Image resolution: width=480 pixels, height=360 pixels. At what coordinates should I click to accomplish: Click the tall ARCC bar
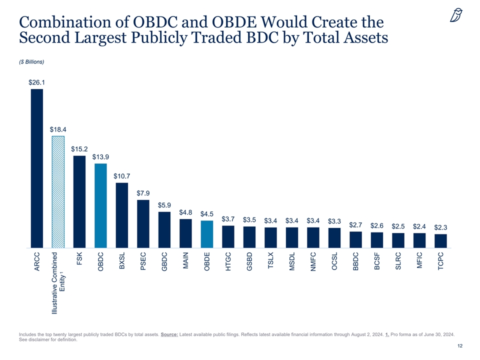pos(37,168)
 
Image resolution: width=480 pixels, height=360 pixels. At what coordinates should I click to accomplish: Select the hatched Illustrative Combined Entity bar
pos(58,192)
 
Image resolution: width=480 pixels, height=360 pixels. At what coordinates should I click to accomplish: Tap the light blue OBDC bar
pos(100,205)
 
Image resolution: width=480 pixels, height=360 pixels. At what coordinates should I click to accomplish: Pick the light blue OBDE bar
pos(207,234)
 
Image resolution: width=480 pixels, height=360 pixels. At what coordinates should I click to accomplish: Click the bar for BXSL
pos(122,215)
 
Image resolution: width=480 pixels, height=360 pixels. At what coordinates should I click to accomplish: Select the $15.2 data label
pos(79,148)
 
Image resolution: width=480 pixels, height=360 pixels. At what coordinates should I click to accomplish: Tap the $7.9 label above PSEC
pos(143,193)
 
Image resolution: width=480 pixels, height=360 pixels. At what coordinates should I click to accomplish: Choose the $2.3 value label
pos(440,227)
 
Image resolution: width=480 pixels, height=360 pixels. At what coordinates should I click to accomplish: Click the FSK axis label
pos(79,259)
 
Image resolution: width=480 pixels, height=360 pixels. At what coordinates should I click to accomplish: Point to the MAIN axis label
pos(186,261)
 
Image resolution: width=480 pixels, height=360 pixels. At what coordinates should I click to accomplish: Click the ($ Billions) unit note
pos(31,62)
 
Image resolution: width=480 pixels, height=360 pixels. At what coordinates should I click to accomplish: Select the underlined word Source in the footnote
pos(171,333)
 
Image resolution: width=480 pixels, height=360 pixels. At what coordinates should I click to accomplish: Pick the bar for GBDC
pos(164,230)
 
